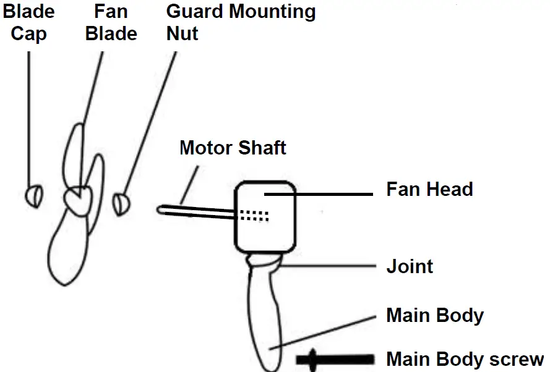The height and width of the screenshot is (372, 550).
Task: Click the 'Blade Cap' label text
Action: pos(28,22)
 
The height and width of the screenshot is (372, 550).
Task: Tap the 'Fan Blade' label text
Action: pos(111,22)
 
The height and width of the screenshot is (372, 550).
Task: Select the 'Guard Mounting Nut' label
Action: pos(241,22)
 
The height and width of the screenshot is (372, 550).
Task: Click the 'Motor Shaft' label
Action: pos(233,148)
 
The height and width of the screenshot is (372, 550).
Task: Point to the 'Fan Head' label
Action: pos(429,189)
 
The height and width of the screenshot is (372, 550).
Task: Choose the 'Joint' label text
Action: pos(410,267)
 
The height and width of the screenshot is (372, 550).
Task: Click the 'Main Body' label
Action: pos(435,316)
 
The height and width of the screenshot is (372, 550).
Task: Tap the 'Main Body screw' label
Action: pos(465,359)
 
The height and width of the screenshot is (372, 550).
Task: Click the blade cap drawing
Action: pos(35,196)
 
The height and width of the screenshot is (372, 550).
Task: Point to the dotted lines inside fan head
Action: pos(254,215)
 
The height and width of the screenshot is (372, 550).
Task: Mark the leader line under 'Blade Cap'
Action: pos(29,117)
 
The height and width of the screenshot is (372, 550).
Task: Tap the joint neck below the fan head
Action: pos(265,262)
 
